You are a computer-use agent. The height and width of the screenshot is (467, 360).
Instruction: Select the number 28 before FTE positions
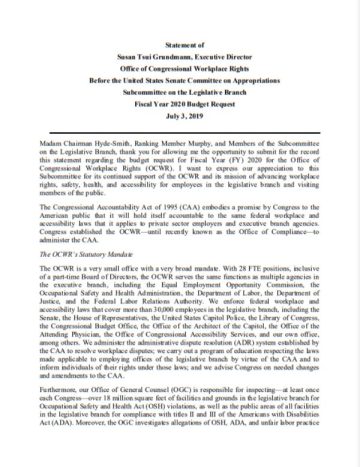(x=230, y=257)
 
